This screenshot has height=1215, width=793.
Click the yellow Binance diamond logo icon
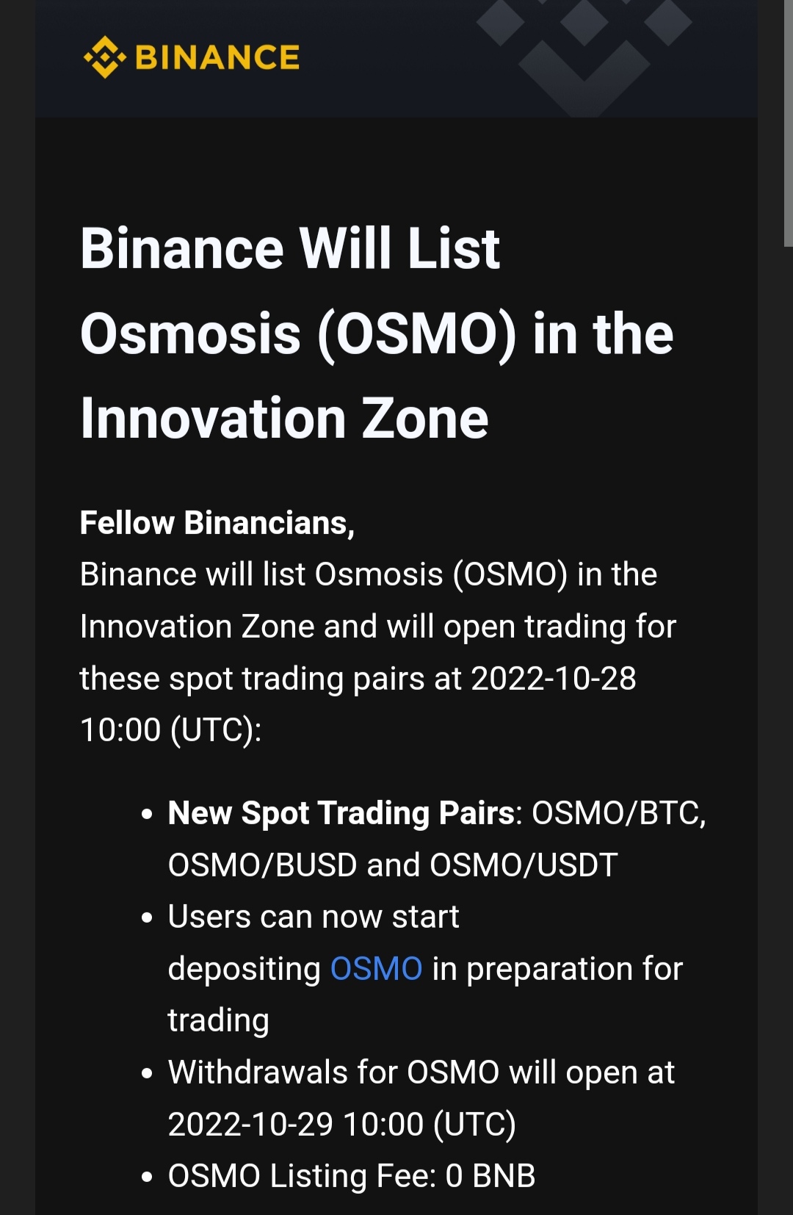104,57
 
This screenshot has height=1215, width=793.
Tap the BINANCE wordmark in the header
217,57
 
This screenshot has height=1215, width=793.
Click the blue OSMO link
376,968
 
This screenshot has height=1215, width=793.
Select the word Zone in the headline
424,419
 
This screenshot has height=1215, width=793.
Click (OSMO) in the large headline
417,335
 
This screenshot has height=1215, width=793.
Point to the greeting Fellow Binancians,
217,523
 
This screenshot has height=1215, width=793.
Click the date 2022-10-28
554,678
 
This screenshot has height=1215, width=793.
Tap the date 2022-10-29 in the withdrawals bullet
250,1124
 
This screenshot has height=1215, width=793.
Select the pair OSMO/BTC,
618,813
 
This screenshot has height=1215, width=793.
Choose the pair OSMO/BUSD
262,865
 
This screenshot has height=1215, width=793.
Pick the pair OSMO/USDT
524,865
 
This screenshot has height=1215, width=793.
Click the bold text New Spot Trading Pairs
341,813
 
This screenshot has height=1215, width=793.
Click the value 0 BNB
490,1176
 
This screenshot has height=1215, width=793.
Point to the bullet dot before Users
146,917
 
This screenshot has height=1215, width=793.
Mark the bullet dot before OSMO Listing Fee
146,1177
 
